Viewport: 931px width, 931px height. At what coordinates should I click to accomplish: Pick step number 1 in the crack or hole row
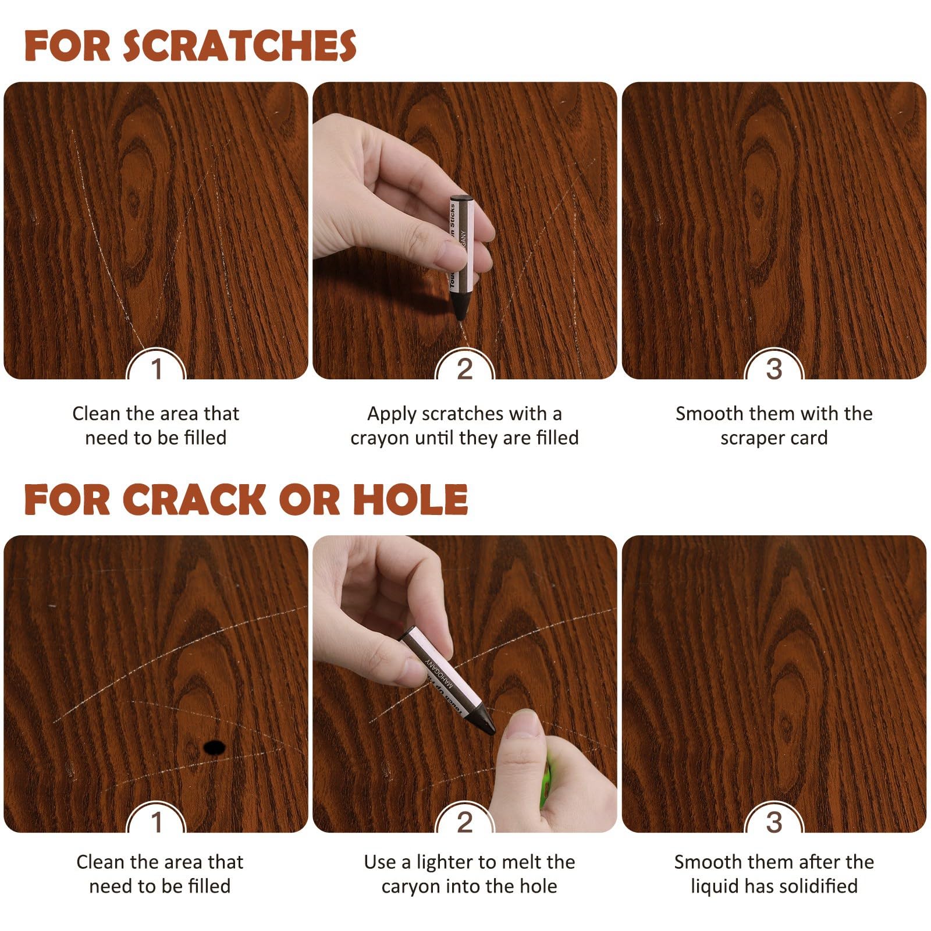pyautogui.click(x=156, y=822)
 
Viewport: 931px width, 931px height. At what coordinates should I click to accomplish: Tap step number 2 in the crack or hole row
pyautogui.click(x=464, y=822)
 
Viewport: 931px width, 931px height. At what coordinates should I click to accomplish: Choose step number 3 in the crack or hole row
pyautogui.click(x=773, y=822)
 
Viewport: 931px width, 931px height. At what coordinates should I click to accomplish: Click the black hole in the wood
pyautogui.click(x=214, y=747)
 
